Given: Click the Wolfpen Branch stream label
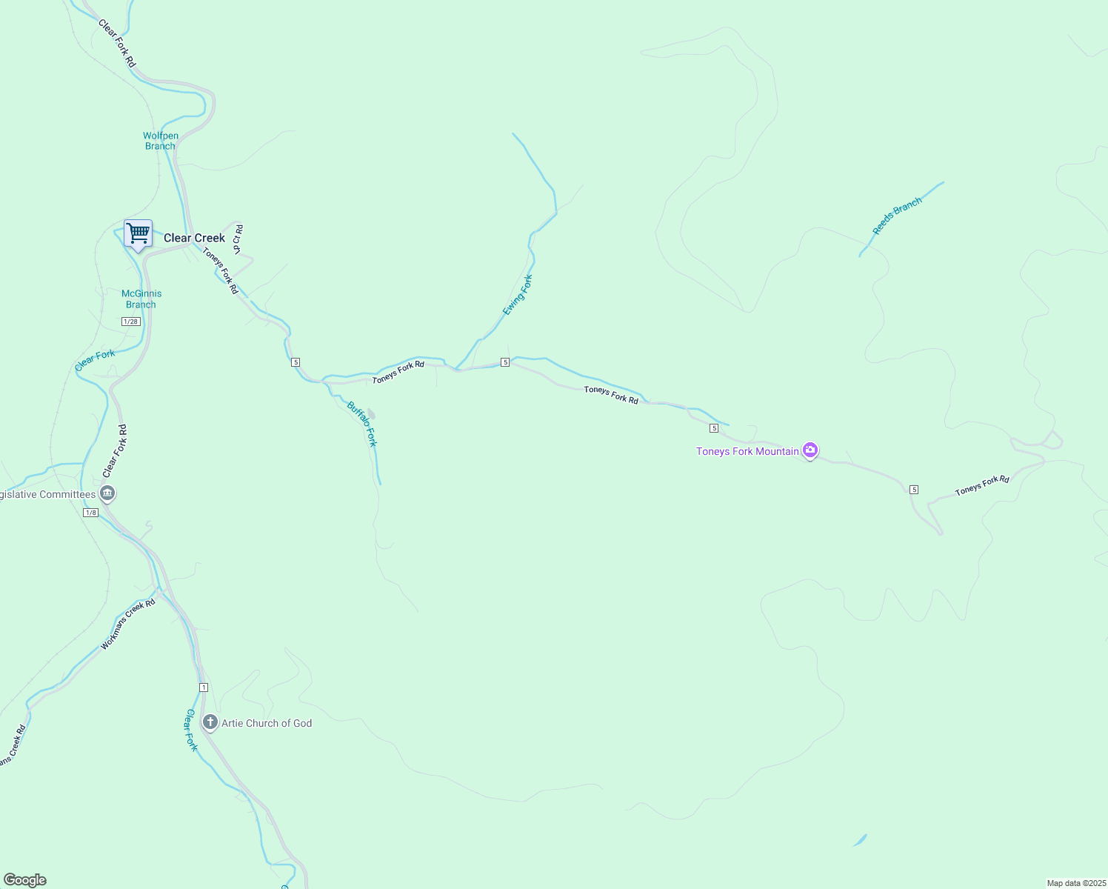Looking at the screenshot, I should pyautogui.click(x=161, y=141).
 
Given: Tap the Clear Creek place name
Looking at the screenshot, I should pyautogui.click(x=194, y=238).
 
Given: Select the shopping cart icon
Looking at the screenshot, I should pyautogui.click(x=138, y=233).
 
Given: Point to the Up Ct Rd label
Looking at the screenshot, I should pyautogui.click(x=238, y=239).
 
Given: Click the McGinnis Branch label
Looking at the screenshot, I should pyautogui.click(x=141, y=299).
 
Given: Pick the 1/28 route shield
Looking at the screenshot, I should pyautogui.click(x=130, y=322).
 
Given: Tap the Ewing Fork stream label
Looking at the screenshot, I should pyautogui.click(x=517, y=295).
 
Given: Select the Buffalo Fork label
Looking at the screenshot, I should pyautogui.click(x=363, y=424).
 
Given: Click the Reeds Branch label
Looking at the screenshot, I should pyautogui.click(x=897, y=216).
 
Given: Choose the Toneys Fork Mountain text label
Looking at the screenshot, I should pyautogui.click(x=747, y=451).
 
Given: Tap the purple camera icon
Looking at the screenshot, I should pyautogui.click(x=810, y=450).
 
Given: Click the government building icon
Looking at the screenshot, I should pyautogui.click(x=107, y=493).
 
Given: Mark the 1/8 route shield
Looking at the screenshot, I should pyautogui.click(x=90, y=513).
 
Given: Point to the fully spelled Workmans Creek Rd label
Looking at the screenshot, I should pyautogui.click(x=128, y=625).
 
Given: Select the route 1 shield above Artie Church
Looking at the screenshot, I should pyautogui.click(x=204, y=687).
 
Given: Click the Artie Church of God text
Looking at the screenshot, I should pyautogui.click(x=267, y=723).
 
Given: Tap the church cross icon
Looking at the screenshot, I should pyautogui.click(x=210, y=722).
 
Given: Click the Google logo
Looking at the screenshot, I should pyautogui.click(x=25, y=880).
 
